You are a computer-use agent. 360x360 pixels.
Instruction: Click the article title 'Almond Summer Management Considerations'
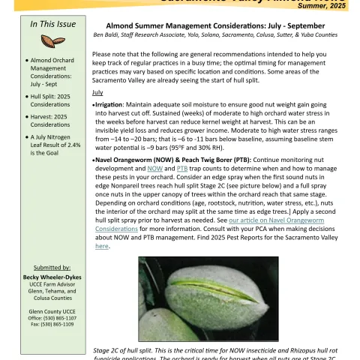tap(224, 25)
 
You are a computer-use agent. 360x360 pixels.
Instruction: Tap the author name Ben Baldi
tap(111, 34)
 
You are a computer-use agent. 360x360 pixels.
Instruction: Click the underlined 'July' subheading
tap(97, 92)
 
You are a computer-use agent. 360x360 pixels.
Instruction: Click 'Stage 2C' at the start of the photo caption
tap(110, 350)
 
